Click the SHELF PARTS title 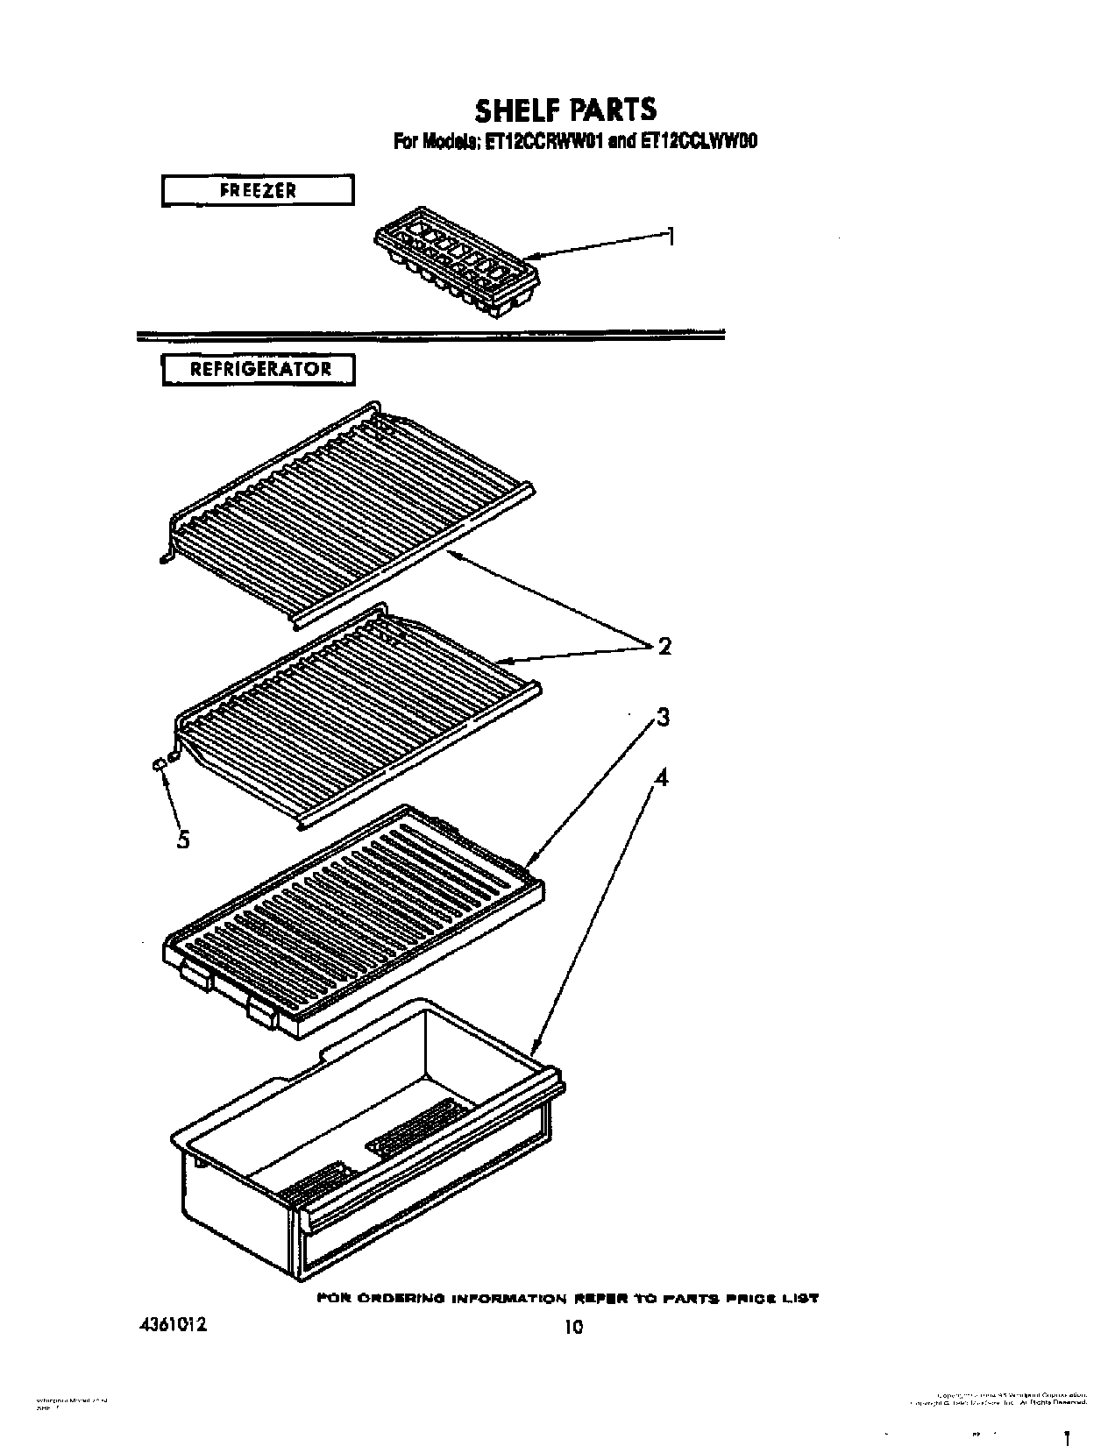565,110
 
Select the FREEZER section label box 258,190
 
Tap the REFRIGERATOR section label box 259,369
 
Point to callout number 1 670,236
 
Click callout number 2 664,647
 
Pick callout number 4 662,777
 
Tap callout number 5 183,839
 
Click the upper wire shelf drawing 351,513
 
